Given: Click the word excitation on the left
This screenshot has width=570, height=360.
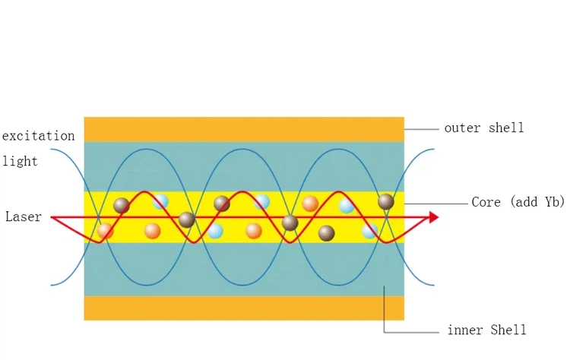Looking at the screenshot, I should click(38, 136).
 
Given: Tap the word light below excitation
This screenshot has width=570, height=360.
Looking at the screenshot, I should click(20, 162).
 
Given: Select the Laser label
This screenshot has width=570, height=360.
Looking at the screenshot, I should click(24, 217).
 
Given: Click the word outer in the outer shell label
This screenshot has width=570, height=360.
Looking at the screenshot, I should click(463, 128).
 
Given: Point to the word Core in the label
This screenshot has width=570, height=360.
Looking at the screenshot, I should click(487, 202).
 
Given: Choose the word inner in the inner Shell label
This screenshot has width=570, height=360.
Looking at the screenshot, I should click(465, 330).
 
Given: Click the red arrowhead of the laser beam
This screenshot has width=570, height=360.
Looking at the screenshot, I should click(434, 218).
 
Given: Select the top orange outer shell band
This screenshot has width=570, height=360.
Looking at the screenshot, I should click(243, 129).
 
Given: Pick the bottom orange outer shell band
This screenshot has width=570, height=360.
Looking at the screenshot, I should click(243, 308).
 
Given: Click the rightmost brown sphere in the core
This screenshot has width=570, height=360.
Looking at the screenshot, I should click(386, 201).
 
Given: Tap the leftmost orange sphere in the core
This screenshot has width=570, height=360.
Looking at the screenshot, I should click(106, 231).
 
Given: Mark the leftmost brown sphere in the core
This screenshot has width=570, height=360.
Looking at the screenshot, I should click(122, 205).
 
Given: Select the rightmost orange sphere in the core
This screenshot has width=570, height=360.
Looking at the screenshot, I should click(310, 204).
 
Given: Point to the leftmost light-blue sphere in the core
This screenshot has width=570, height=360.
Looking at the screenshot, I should click(160, 202).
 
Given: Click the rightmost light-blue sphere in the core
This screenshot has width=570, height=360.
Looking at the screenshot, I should click(370, 231).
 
